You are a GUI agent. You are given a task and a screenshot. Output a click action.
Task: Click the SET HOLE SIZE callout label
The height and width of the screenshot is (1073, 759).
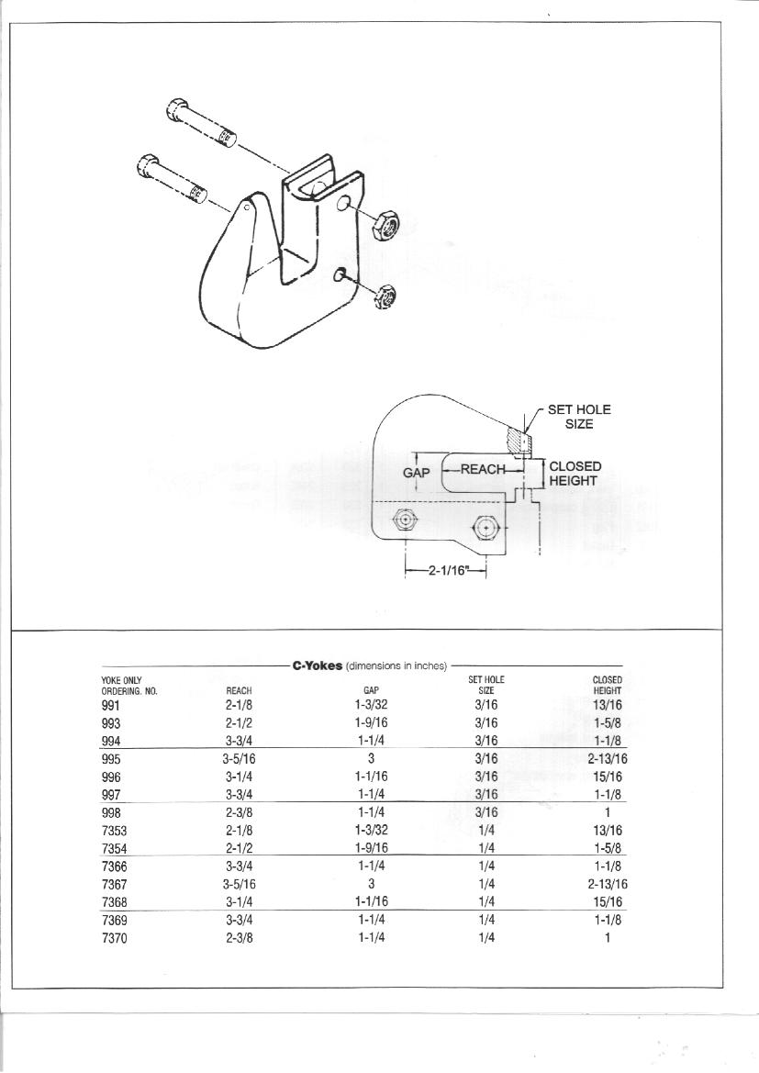(579, 417)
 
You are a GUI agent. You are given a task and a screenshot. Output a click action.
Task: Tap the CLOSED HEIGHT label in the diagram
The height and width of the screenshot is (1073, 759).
(575, 474)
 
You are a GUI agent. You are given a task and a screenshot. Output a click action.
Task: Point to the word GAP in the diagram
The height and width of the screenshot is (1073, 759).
(416, 473)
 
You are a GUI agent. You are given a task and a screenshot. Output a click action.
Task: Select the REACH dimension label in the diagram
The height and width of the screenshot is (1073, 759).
(483, 469)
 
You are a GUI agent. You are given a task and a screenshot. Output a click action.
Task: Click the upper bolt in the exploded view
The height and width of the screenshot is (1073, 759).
(201, 124)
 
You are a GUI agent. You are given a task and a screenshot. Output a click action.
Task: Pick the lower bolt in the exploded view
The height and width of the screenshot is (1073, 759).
(172, 179)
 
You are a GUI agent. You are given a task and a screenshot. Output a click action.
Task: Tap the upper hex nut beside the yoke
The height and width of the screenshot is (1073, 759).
(384, 225)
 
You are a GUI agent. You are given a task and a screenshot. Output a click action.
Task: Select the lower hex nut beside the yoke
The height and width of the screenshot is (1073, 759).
(386, 295)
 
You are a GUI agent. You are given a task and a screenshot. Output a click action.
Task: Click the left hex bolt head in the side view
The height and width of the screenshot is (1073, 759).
(405, 521)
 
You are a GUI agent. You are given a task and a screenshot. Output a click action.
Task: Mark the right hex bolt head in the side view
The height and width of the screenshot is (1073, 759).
(486, 528)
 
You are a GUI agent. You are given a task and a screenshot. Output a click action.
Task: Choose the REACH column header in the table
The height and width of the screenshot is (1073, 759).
(239, 691)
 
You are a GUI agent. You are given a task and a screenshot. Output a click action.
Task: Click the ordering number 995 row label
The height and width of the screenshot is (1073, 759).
(111, 759)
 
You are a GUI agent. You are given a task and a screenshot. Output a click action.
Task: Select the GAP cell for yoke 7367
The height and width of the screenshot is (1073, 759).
(371, 883)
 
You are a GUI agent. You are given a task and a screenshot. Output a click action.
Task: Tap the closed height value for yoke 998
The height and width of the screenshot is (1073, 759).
(607, 812)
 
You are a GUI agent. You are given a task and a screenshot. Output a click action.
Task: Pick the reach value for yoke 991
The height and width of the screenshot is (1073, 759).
(240, 704)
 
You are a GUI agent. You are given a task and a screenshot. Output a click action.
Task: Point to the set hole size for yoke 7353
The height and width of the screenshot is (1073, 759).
(486, 831)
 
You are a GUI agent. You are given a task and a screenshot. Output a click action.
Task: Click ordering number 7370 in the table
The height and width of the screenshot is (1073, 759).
(114, 938)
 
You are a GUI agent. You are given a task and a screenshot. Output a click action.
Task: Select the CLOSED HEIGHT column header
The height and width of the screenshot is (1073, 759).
(607, 685)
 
